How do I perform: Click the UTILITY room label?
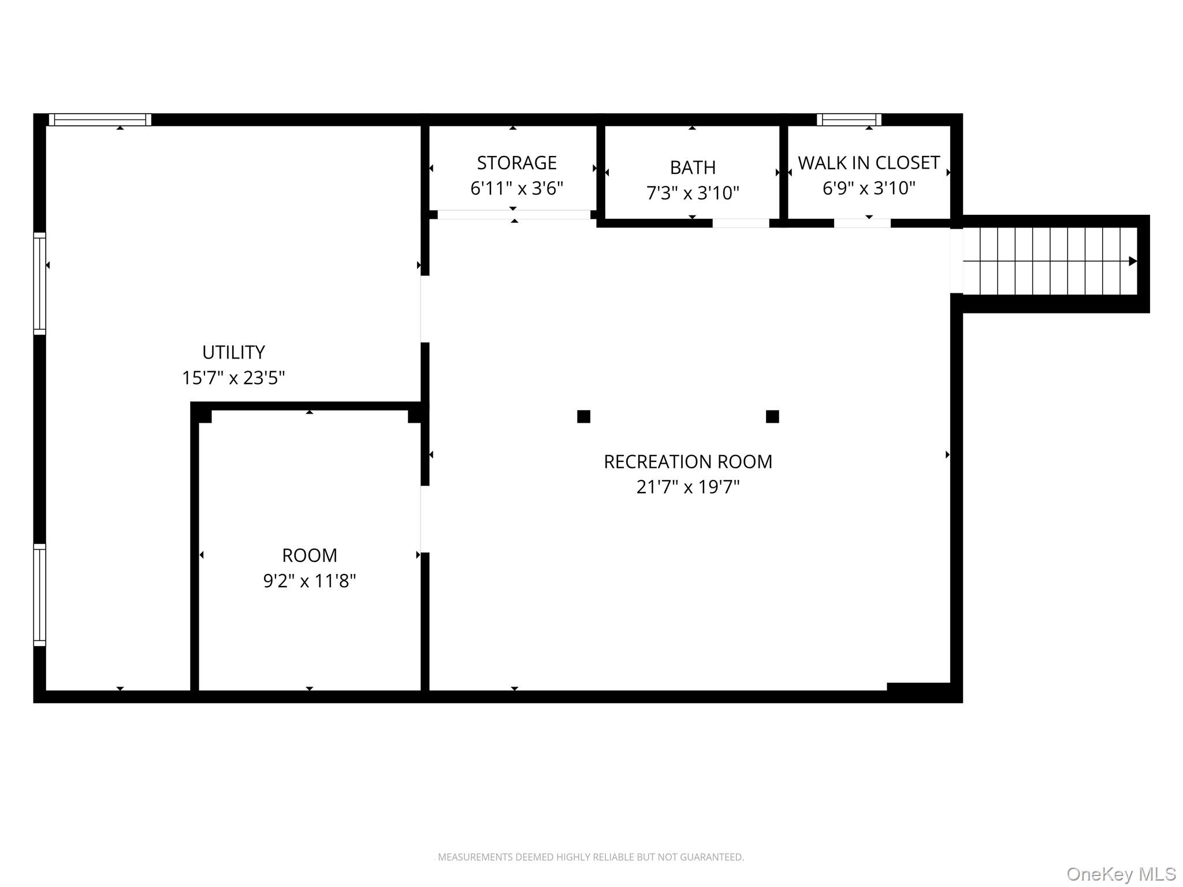pyautogui.click(x=233, y=352)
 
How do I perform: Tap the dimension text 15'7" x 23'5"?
pyautogui.click(x=233, y=378)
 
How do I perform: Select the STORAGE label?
pyautogui.click(x=516, y=163)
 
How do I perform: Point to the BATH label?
pyautogui.click(x=693, y=167)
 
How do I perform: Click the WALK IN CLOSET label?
pyautogui.click(x=869, y=163)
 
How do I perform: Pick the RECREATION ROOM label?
pyautogui.click(x=687, y=462)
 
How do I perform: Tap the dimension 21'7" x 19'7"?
pyautogui.click(x=687, y=487)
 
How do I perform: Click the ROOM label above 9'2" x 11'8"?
pyautogui.click(x=309, y=556)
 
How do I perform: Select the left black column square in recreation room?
pyautogui.click(x=583, y=416)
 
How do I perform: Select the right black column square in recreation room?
pyautogui.click(x=772, y=416)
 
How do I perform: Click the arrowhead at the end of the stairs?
pyautogui.click(x=1132, y=261)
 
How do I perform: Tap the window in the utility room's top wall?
pyautogui.click(x=100, y=120)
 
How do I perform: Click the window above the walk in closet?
pyautogui.click(x=849, y=120)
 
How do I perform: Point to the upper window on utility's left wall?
pyautogui.click(x=39, y=284)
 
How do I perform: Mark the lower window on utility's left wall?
pyautogui.click(x=39, y=595)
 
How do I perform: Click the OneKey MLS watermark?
pyautogui.click(x=1121, y=874)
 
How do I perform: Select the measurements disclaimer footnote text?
pyautogui.click(x=589, y=857)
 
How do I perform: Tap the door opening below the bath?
pyautogui.click(x=741, y=223)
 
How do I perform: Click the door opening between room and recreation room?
pyautogui.click(x=425, y=519)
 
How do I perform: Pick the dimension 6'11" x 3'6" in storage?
pyautogui.click(x=516, y=189)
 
